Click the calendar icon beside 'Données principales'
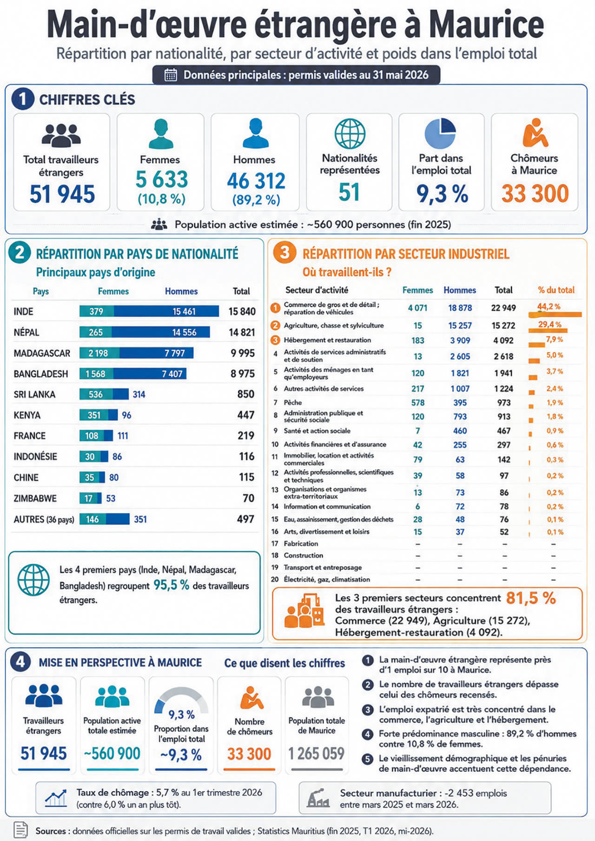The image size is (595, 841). coord(171,75)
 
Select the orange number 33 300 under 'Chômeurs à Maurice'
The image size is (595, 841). coord(535,193)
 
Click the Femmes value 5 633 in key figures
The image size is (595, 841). coord(162,180)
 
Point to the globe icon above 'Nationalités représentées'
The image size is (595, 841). coord(350,133)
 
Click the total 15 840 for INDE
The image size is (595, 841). coord(242,311)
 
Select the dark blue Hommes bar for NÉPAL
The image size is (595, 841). coord(161,332)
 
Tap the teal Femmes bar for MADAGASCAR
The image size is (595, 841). coord(99,353)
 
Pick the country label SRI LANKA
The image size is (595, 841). coord(34,394)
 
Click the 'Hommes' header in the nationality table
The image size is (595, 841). coord(181,291)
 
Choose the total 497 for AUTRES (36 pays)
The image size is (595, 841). coord(245,519)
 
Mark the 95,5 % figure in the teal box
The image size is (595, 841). coord(172,585)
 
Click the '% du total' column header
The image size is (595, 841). coord(556,290)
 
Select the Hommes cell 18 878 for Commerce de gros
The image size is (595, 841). coord(460,308)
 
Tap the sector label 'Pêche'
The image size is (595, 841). coord(293,402)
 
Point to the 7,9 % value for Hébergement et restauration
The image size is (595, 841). coord(554,340)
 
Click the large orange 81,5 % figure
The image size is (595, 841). coord(531,598)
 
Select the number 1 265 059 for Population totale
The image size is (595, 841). coord(317,753)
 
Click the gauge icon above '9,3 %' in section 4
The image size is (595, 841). coord(181,699)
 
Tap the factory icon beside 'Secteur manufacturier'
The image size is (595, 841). coord(318,798)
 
